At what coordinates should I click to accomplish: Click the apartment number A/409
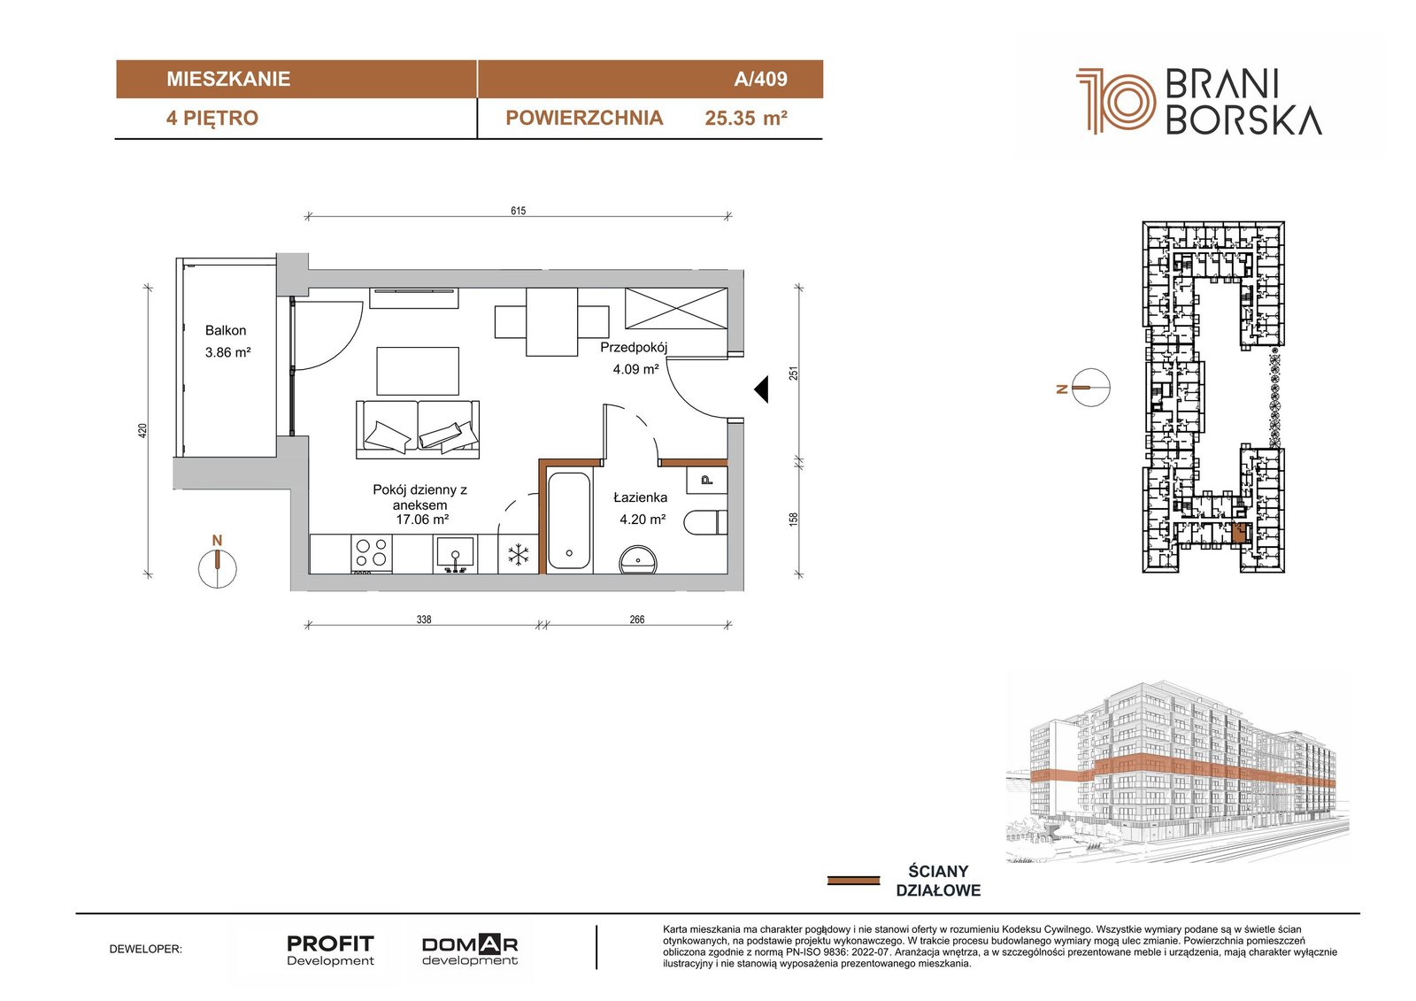click(760, 79)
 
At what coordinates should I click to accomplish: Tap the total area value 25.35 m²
click(746, 119)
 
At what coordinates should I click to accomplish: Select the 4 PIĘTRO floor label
click(212, 119)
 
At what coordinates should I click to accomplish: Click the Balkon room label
click(226, 330)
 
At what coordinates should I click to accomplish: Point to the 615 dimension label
click(519, 211)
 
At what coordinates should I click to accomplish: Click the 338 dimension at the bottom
click(424, 619)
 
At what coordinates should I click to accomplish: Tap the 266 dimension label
click(637, 619)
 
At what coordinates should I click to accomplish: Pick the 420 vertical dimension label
click(142, 431)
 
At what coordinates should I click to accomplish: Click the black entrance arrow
click(761, 389)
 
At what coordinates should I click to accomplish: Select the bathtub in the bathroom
click(569, 520)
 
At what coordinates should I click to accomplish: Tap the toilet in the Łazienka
click(706, 522)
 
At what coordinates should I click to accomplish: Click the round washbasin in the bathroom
click(638, 560)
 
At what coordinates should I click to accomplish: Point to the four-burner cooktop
click(371, 554)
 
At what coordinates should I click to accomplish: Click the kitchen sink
click(455, 554)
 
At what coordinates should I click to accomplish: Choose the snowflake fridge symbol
click(519, 556)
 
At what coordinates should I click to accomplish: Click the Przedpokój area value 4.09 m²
click(636, 369)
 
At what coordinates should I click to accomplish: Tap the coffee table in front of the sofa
click(418, 371)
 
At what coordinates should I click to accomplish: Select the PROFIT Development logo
click(330, 950)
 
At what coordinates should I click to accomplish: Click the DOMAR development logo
click(470, 950)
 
